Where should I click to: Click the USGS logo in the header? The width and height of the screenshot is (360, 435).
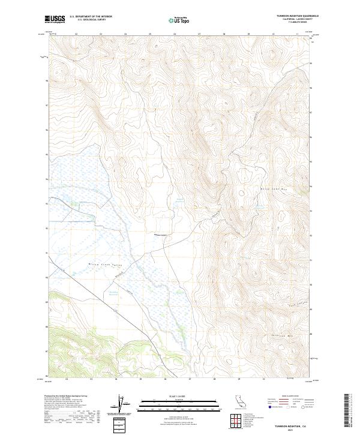[x=55, y=19]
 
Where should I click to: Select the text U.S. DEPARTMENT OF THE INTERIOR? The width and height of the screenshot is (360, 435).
[x=91, y=16]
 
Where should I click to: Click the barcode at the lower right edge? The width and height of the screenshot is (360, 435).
[x=347, y=412]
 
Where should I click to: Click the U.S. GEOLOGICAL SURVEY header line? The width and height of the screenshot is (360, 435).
[x=91, y=20]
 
